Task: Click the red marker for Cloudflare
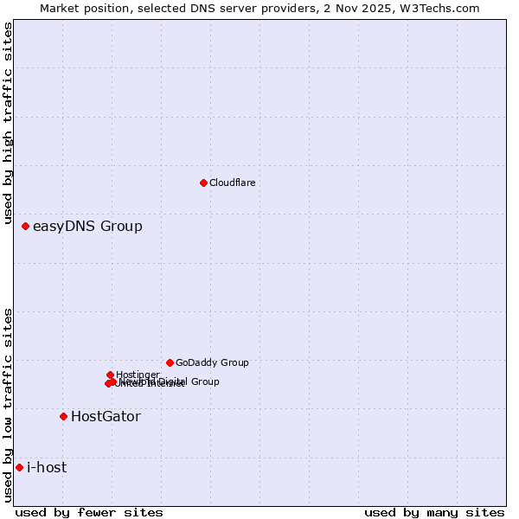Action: [203, 183]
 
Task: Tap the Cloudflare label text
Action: [232, 183]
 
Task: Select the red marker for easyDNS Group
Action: [25, 226]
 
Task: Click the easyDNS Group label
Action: [87, 227]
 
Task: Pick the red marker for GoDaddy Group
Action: [170, 362]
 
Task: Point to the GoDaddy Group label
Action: [212, 363]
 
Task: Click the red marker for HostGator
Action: [63, 416]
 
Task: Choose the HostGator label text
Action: [106, 417]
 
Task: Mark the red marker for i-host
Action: [19, 467]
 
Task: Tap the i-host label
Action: [47, 468]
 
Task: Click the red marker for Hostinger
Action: [110, 375]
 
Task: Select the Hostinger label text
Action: [138, 375]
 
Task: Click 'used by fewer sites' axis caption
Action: [89, 513]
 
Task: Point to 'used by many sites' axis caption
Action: [434, 513]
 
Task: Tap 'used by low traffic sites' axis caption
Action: [8, 405]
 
